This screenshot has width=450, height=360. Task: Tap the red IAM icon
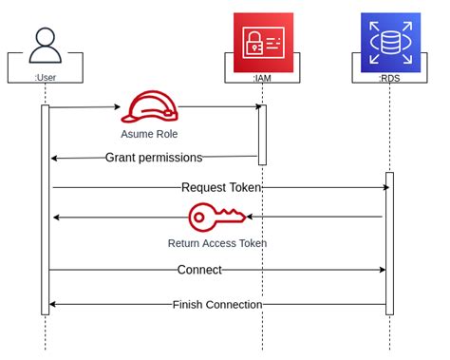click(x=263, y=43)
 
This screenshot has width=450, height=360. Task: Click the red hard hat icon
click(x=148, y=107)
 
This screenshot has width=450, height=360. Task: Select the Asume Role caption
click(x=149, y=134)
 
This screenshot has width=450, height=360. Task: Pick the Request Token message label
click(x=220, y=188)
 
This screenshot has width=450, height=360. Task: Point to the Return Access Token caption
click(x=216, y=243)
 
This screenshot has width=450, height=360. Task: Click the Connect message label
click(x=199, y=270)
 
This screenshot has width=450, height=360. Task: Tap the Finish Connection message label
click(x=217, y=304)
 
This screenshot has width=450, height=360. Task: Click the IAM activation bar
click(x=263, y=134)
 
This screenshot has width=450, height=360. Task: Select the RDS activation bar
click(x=390, y=242)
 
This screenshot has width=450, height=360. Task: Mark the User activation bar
click(x=45, y=209)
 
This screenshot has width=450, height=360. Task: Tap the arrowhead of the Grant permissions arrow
click(x=54, y=158)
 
